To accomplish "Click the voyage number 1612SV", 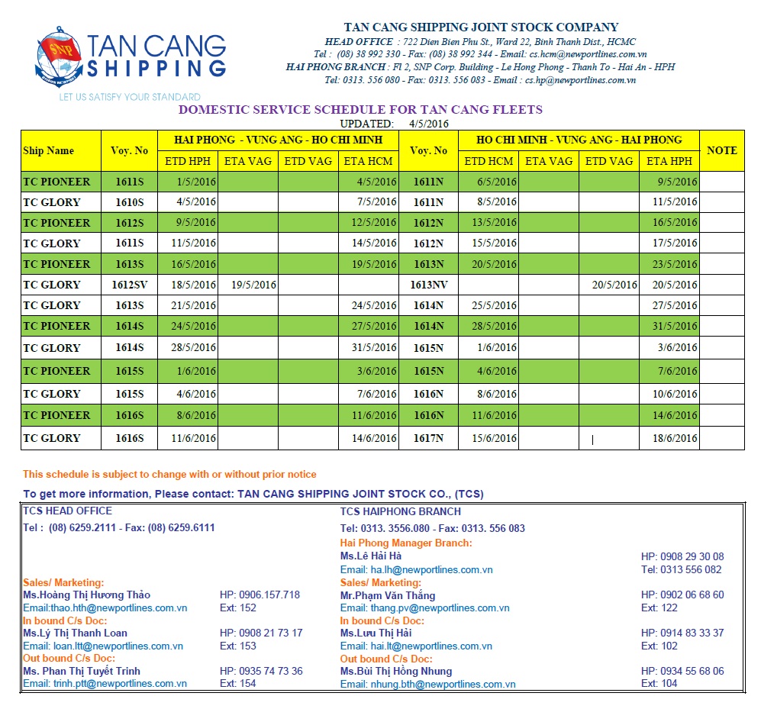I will (x=129, y=285).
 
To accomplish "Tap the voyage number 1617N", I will (x=429, y=438).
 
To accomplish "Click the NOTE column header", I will (x=721, y=150).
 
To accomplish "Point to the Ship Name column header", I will (x=49, y=150).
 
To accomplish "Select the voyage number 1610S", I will (x=129, y=202).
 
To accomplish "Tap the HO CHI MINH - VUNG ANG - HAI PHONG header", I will (x=579, y=140).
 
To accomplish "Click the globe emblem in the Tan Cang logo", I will (x=59, y=56).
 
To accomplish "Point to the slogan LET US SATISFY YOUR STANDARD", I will (x=130, y=97).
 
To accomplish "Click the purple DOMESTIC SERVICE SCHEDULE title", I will (x=360, y=110).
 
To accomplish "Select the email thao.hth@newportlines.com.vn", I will (x=105, y=608).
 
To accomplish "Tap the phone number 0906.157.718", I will (x=260, y=595).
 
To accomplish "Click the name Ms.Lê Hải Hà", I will (x=371, y=556).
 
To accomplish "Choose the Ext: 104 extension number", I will (x=659, y=684).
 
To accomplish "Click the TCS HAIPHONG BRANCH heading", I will (x=401, y=511).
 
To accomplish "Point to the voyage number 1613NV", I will (x=429, y=285).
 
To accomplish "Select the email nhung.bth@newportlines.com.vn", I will (x=427, y=685).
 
